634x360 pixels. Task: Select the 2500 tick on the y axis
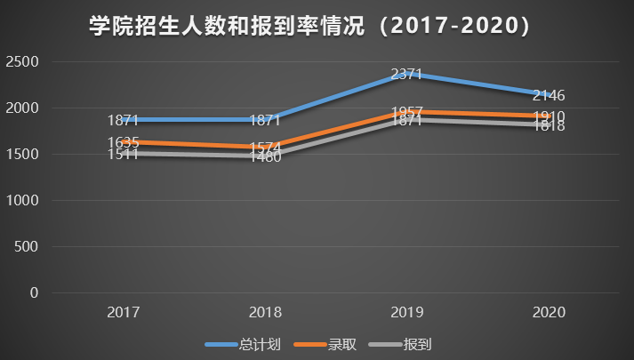pyautogui.click(x=21, y=62)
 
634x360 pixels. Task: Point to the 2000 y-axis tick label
pyautogui.click(x=21, y=108)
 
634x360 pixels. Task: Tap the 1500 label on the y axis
pyautogui.click(x=21, y=155)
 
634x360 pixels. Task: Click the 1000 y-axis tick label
pyautogui.click(x=21, y=201)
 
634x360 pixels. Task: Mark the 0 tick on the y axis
pyautogui.click(x=35, y=293)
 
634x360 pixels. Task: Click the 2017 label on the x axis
pyautogui.click(x=123, y=313)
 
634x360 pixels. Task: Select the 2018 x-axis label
pyautogui.click(x=265, y=313)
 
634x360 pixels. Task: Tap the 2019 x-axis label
pyautogui.click(x=406, y=313)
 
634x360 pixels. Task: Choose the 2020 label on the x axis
pyautogui.click(x=549, y=313)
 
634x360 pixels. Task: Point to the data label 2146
pyautogui.click(x=549, y=96)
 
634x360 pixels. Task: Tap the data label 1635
pyautogui.click(x=123, y=142)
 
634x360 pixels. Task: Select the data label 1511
pyautogui.click(x=123, y=155)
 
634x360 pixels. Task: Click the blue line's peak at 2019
pyautogui.click(x=406, y=75)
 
